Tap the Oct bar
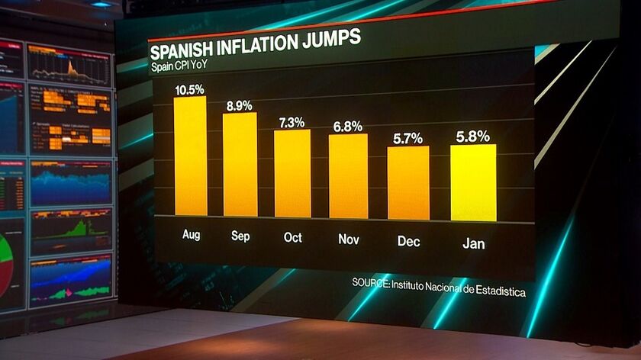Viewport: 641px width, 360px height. (x=292, y=173)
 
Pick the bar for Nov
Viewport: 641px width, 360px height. (x=348, y=176)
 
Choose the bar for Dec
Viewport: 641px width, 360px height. (x=407, y=182)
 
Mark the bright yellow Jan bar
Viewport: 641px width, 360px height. (x=473, y=182)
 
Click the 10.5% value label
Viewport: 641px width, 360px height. (x=189, y=89)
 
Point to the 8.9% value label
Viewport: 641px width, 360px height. (x=239, y=106)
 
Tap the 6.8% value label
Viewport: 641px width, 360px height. (x=347, y=127)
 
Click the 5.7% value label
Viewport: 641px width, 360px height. (x=407, y=139)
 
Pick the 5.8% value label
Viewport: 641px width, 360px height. (x=473, y=137)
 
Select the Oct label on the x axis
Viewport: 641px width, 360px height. (x=293, y=237)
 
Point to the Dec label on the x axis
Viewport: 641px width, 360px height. (x=409, y=241)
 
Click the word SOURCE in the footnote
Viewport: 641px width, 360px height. (x=370, y=283)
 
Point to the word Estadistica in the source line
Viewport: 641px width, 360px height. (x=500, y=291)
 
